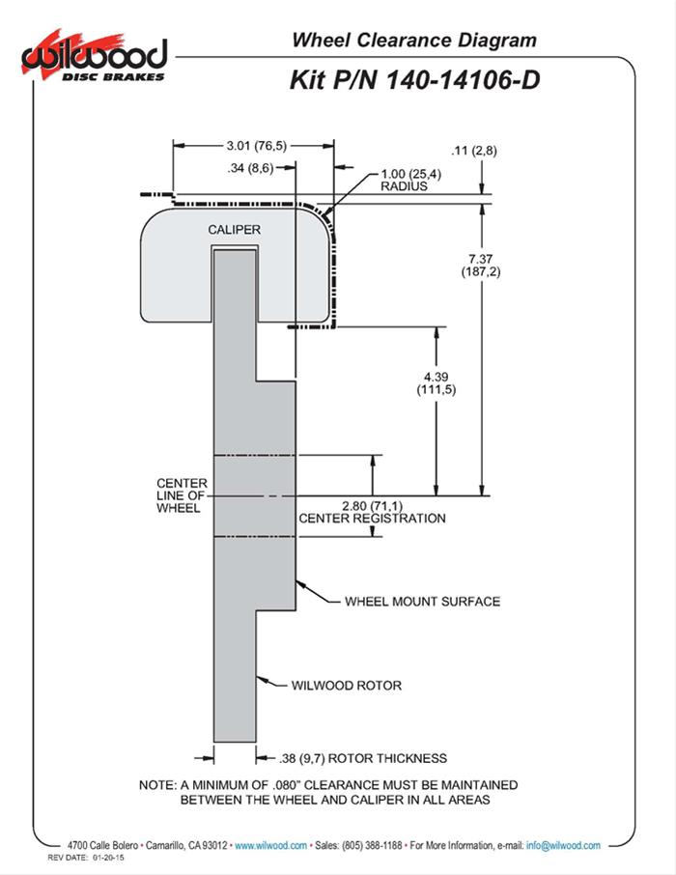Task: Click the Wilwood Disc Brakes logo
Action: pyautogui.click(x=94, y=58)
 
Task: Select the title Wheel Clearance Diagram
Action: pyautogui.click(x=414, y=41)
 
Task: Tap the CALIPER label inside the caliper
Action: pyautogui.click(x=234, y=229)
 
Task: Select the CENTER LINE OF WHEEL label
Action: pyautogui.click(x=182, y=495)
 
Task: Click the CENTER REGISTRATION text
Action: pyautogui.click(x=373, y=519)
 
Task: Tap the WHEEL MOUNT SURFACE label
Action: pyautogui.click(x=423, y=602)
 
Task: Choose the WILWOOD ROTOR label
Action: pyautogui.click(x=347, y=686)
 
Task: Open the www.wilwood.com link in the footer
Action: pyautogui.click(x=270, y=845)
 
